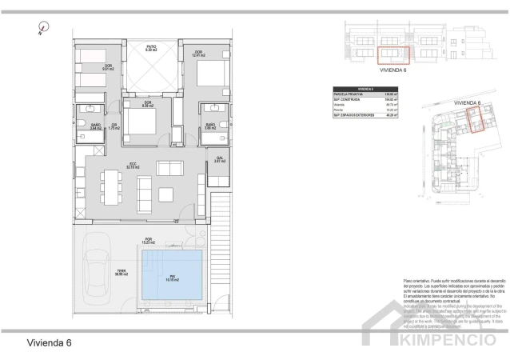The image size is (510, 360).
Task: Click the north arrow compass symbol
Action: coord(41,30)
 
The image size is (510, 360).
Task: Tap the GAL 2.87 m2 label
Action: coord(218,161)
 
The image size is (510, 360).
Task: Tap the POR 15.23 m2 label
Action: coord(147,241)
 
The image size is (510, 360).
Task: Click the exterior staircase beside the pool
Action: coord(221,255)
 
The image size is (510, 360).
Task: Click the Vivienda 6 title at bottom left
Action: coord(50,342)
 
